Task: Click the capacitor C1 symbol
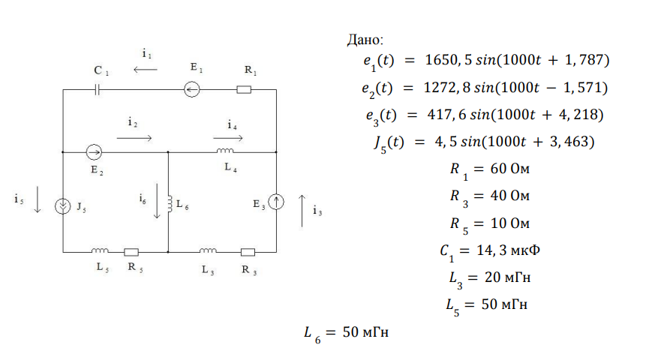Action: [x=98, y=90]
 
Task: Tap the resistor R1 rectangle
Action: [x=244, y=90]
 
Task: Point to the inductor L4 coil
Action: [x=225, y=151]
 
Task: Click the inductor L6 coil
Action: [x=169, y=203]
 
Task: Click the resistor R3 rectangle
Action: [x=247, y=251]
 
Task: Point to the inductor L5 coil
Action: [x=100, y=250]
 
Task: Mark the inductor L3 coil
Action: [x=209, y=250]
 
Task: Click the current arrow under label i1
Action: [x=146, y=70]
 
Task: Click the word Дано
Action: [x=365, y=39]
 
